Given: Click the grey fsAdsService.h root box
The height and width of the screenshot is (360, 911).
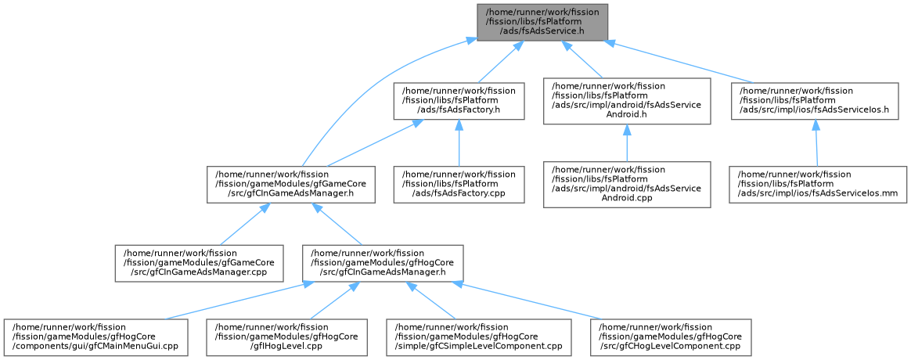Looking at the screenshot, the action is [x=542, y=23].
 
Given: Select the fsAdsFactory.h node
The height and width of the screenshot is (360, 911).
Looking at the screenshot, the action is [x=459, y=101].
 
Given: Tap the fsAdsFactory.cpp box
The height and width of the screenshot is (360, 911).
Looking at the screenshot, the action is [x=459, y=184].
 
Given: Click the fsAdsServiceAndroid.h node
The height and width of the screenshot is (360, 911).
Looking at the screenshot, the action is [x=627, y=101].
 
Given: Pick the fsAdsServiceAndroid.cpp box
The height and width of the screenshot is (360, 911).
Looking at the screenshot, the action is [x=627, y=184].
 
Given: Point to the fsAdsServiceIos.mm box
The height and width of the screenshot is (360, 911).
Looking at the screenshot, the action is [x=818, y=184].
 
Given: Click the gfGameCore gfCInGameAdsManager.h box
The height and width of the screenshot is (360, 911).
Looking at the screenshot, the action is [x=290, y=184].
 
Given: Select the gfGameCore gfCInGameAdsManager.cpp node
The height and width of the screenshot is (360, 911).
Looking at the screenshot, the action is [x=200, y=263].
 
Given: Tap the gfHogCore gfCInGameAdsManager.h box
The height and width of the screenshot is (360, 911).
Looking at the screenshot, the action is [x=383, y=263].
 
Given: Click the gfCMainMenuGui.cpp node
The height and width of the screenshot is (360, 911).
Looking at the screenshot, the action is [x=95, y=337].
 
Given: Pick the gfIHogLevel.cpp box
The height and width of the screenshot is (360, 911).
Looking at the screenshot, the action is [x=287, y=337].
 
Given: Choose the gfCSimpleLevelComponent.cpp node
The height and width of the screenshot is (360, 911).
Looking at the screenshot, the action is [x=479, y=337].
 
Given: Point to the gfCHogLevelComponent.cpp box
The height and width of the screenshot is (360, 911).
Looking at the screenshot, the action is [x=671, y=337].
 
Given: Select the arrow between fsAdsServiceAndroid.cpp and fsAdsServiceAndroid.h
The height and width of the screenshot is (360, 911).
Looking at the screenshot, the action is [x=627, y=143].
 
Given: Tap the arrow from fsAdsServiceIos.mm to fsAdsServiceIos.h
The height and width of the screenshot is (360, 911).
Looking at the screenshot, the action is [x=816, y=143].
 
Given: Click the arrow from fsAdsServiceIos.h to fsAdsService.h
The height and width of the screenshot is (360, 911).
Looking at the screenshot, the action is [x=677, y=62].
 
